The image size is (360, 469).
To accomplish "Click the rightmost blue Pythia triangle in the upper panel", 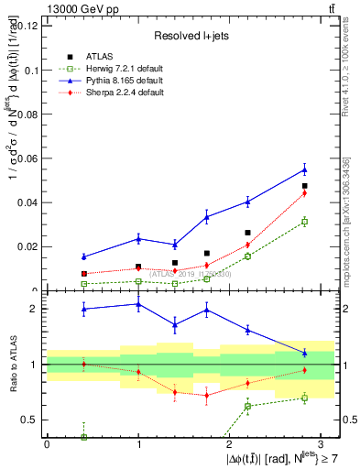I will (x=304, y=169).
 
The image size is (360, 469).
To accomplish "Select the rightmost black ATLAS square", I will (x=304, y=186).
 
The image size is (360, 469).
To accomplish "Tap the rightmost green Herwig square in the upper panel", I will (x=304, y=222).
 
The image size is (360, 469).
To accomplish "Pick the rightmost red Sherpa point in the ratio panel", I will (x=304, y=370).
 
